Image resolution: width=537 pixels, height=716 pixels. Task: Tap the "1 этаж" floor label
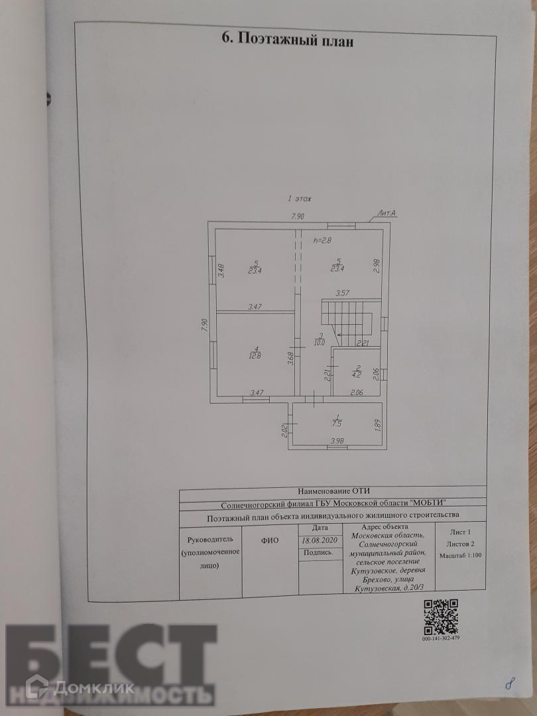point(299,198)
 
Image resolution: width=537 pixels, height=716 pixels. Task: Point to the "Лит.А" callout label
point(387,213)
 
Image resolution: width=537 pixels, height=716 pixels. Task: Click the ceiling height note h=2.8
point(322,241)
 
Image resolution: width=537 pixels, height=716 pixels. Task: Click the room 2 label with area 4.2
point(358,371)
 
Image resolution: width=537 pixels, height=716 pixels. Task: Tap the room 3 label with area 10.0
point(320,339)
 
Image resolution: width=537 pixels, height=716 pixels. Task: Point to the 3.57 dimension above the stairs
point(343,292)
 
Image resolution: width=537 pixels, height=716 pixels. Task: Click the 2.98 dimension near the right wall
point(376,266)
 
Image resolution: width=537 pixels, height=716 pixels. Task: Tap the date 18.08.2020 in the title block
point(320,540)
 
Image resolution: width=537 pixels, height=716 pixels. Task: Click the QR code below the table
point(440,616)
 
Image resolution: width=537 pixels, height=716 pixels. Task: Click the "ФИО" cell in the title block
point(270,540)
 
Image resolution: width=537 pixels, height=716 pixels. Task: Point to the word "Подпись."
point(319,552)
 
